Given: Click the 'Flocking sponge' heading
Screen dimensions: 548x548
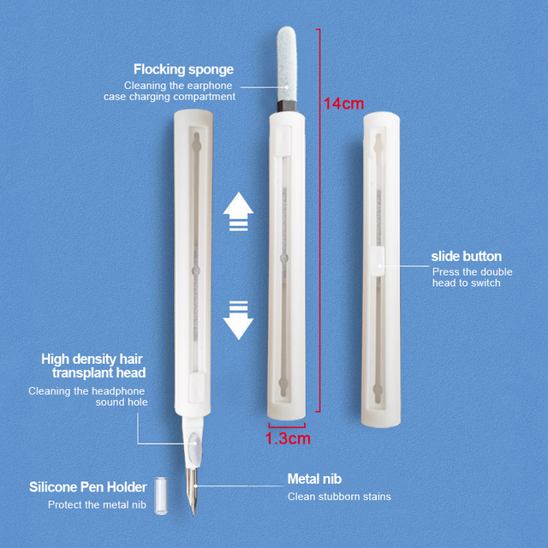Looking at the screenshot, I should [x=183, y=69].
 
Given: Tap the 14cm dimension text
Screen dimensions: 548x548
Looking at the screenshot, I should [x=343, y=104].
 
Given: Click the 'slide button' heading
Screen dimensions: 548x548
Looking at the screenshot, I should [x=467, y=256].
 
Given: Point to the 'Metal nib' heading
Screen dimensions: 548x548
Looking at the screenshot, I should [x=314, y=479].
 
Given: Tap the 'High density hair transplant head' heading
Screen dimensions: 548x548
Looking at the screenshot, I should [x=93, y=366].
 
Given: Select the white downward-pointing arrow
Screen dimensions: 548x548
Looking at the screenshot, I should [x=237, y=319].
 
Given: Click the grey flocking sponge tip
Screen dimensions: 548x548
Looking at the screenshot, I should [x=287, y=60].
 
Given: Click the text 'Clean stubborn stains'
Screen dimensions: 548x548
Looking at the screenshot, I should [x=339, y=497].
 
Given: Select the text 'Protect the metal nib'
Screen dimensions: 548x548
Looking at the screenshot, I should [x=97, y=504].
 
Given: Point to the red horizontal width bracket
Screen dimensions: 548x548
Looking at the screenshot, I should [x=288, y=424].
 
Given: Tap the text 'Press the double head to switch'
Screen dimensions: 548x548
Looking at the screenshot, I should [x=473, y=277].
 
